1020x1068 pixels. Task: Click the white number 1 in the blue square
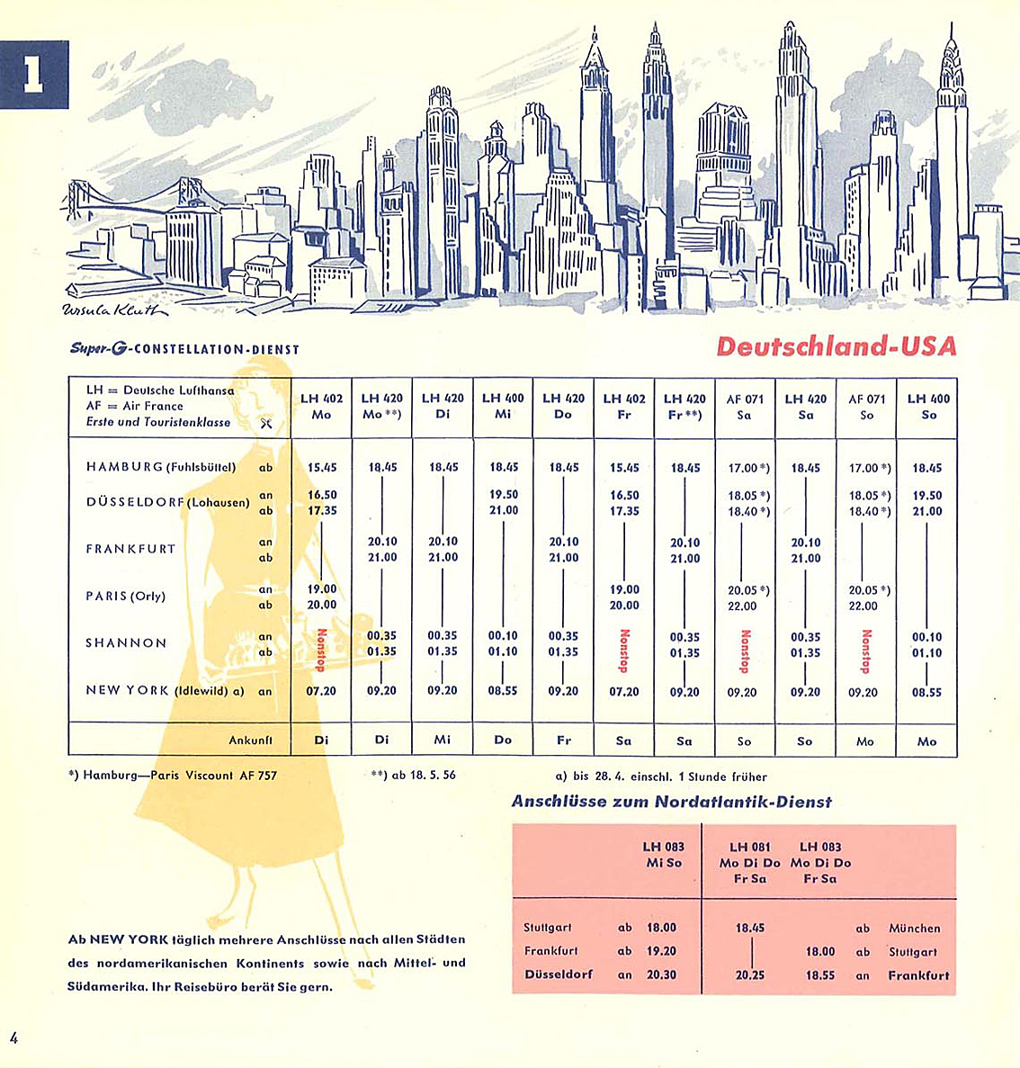tap(33, 76)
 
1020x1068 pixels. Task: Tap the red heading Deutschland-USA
tap(837, 347)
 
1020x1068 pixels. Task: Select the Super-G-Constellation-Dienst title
tap(184, 349)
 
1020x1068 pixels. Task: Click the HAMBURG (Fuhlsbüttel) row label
tap(161, 467)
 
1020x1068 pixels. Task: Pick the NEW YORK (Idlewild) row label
tap(165, 690)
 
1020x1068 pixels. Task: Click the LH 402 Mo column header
tap(321, 407)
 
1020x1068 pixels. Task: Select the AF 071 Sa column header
tap(745, 407)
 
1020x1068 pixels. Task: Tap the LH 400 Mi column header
tap(503, 407)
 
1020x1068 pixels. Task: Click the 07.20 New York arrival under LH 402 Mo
tap(321, 691)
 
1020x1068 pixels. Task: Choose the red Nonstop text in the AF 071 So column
tap(866, 651)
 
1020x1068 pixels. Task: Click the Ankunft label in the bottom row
tap(250, 740)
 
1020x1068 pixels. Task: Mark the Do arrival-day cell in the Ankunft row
tap(503, 740)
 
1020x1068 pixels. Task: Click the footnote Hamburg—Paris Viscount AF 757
tap(173, 775)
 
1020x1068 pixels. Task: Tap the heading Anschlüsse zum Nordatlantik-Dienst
tap(671, 802)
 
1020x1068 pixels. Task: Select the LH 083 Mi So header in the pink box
tap(663, 855)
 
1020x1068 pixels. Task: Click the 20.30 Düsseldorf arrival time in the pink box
tap(661, 974)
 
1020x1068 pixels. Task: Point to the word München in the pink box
tap(914, 928)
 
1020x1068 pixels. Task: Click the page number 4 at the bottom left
tap(13, 1037)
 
